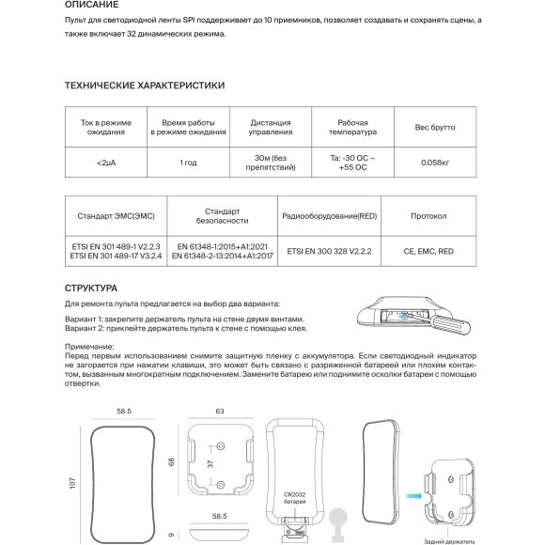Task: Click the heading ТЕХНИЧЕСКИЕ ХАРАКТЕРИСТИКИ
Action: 144,85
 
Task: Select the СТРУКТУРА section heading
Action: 90,288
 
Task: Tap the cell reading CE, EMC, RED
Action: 428,251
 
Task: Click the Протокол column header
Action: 428,216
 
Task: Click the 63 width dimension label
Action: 220,411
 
